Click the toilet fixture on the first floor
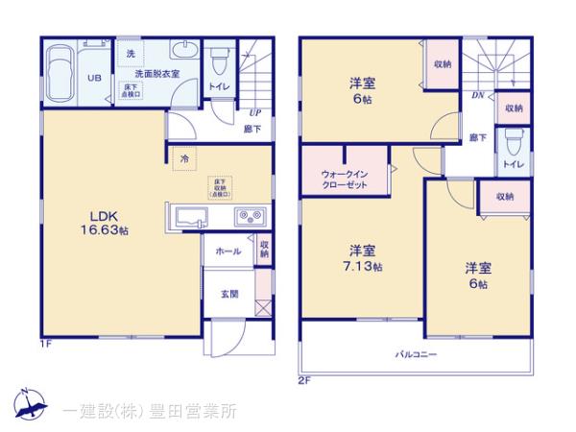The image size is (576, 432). tap(218, 60)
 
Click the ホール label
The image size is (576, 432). tap(228, 250)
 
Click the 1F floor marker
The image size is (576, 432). tap(44, 343)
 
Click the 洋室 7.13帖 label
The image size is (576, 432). tap(363, 257)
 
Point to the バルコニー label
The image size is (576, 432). tap(416, 354)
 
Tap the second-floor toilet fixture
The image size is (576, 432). tap(512, 141)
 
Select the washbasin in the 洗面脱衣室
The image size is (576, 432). tap(182, 52)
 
